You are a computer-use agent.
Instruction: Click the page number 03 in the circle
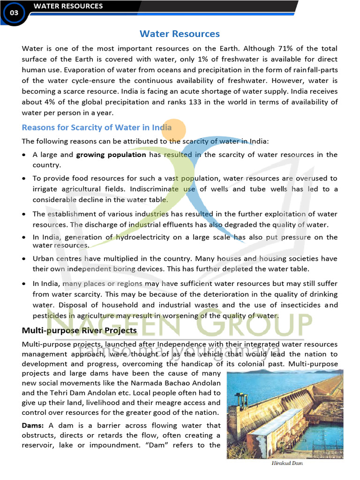click(14, 13)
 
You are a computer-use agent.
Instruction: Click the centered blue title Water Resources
click(180, 34)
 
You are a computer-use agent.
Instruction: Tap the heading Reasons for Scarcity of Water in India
click(97, 127)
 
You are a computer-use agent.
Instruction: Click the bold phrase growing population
click(111, 155)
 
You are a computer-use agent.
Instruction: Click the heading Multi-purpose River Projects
click(79, 330)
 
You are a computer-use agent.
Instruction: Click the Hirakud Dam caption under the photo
click(287, 463)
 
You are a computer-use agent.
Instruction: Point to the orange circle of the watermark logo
click(173, 131)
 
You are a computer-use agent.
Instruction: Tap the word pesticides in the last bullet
click(49, 315)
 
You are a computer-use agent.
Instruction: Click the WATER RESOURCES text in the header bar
click(68, 6)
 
